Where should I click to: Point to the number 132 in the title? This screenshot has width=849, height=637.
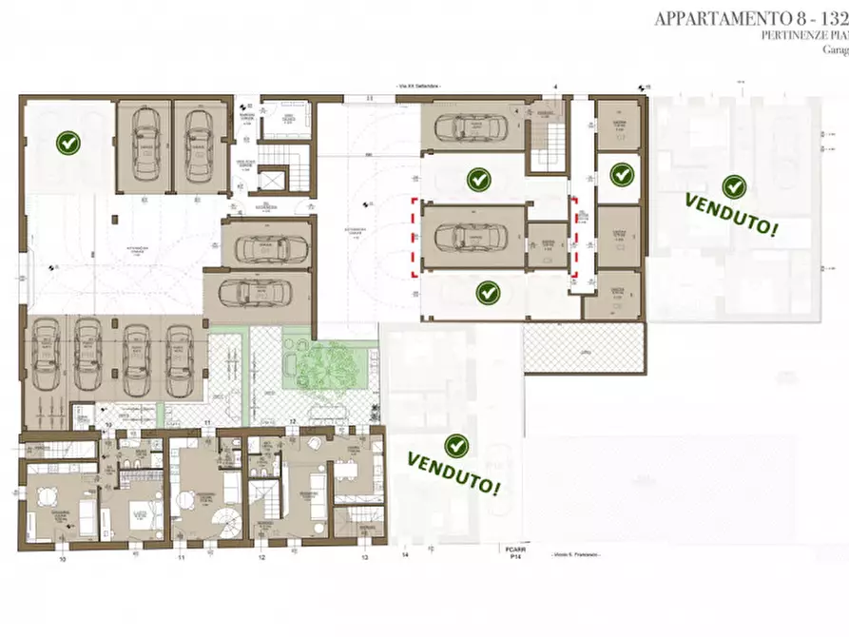tap(832, 17)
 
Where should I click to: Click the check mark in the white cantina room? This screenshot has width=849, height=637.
tap(621, 174)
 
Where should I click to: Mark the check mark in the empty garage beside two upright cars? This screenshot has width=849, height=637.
tap(68, 144)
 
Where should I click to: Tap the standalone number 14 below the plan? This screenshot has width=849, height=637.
tap(404, 554)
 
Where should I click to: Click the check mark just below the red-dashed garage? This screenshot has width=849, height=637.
tap(488, 292)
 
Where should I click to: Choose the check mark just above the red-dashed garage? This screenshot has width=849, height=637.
tap(478, 178)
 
